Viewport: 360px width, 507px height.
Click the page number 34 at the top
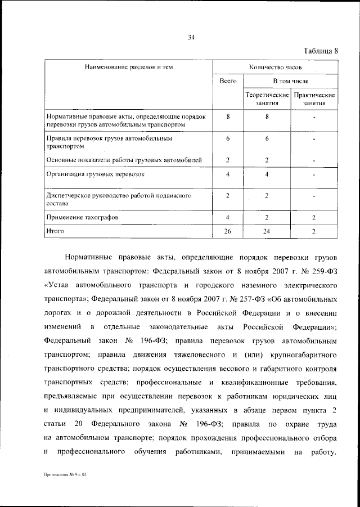coord(191,38)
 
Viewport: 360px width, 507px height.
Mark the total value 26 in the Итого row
coord(227,231)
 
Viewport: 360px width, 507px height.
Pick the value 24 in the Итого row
coord(267,231)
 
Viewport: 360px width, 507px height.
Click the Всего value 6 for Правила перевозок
coord(227,138)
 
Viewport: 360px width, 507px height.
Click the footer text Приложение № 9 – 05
coord(66,475)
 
